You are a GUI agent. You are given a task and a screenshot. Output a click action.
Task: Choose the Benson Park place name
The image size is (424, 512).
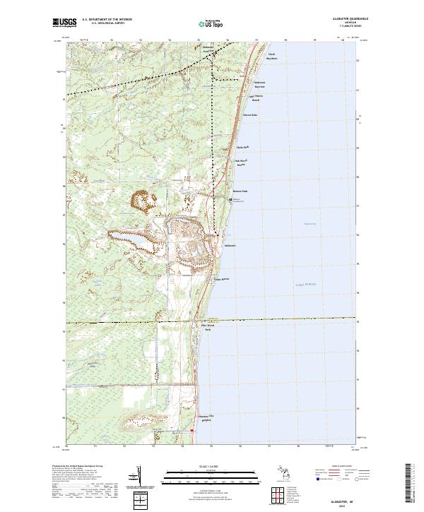241,191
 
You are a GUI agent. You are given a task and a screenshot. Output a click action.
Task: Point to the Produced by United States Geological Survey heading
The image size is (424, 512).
71,467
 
